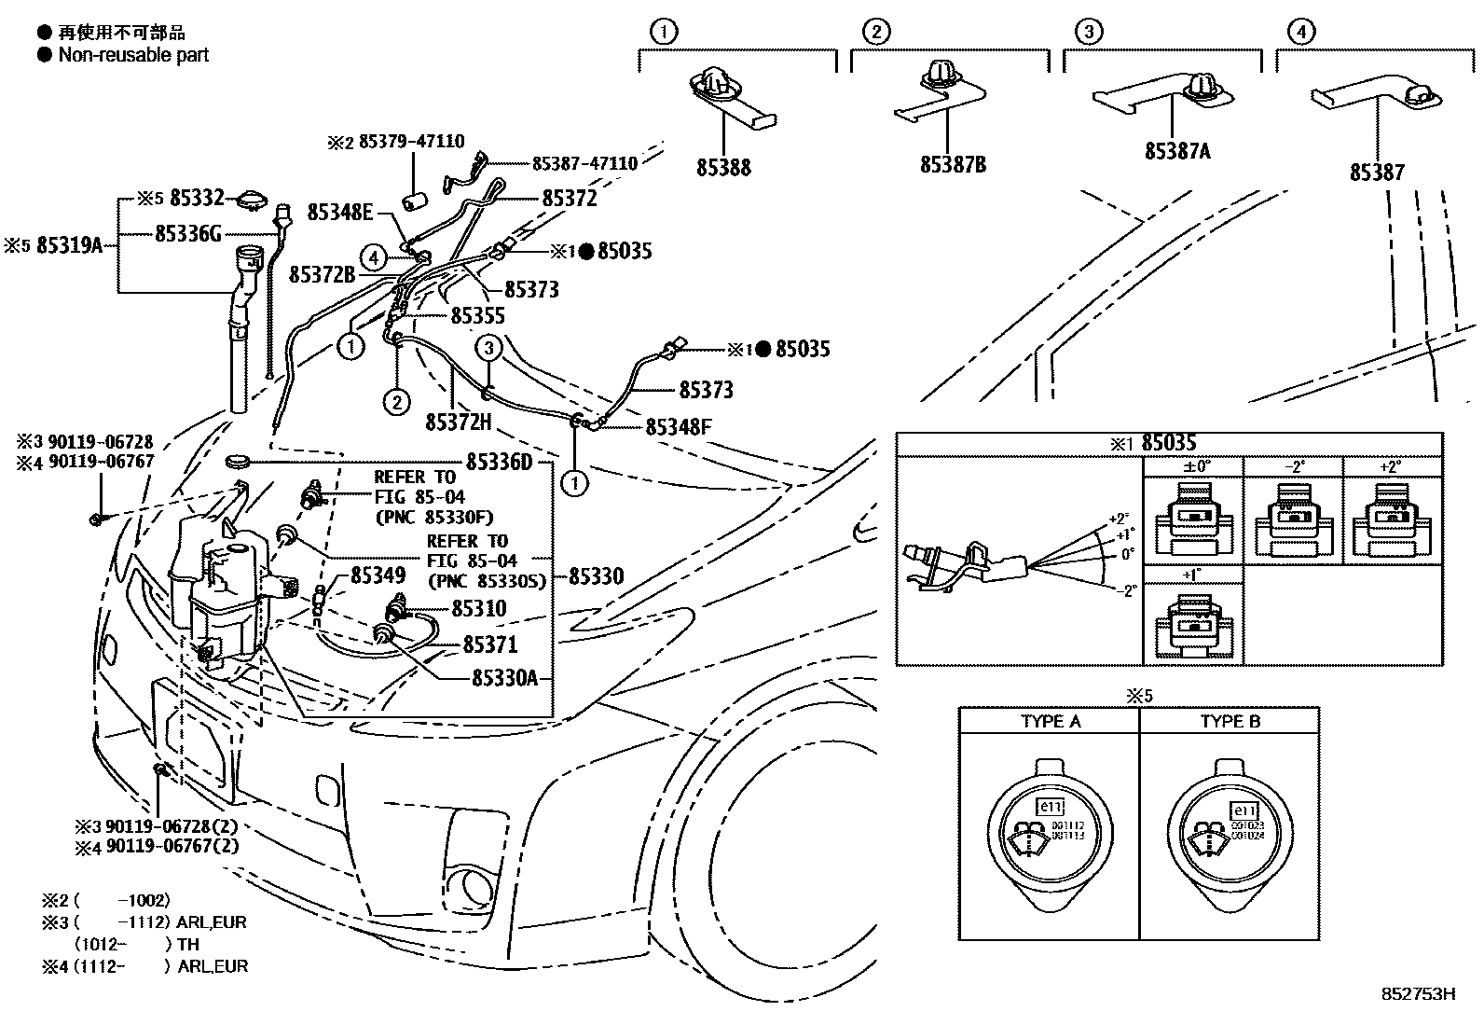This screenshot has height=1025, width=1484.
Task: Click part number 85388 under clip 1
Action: coord(722,168)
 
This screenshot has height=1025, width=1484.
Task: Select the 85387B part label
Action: coord(952,164)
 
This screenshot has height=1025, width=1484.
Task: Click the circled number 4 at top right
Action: coord(1301,33)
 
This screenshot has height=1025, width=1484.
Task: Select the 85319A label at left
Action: coord(68,245)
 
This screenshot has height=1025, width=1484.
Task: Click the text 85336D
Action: coord(499,462)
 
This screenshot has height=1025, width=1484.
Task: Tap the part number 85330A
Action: coord(504,678)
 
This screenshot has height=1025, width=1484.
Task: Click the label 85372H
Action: coord(458,422)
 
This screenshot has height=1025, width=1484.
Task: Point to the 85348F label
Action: coord(678,427)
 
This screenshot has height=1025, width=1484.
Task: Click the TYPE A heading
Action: coord(1050,721)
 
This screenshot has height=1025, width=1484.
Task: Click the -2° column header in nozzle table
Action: coord(1293,466)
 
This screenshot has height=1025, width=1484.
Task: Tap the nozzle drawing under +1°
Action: coord(1192,626)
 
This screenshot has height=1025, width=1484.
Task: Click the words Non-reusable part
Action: coord(133,55)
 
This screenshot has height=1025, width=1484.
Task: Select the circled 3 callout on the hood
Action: coord(488,349)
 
